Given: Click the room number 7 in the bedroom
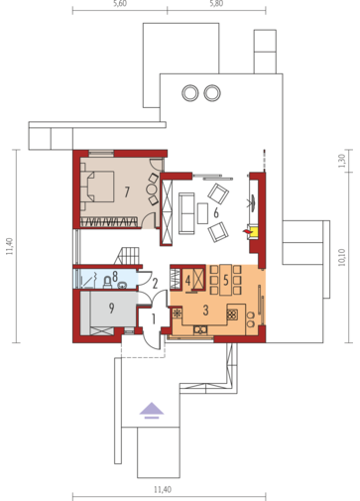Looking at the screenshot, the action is tap(127, 191).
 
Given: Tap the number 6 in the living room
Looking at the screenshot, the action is tap(216, 213).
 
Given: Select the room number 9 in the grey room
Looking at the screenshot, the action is tap(111, 309).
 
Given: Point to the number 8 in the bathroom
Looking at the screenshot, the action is tap(115, 276).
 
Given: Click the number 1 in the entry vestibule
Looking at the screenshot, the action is tap(154, 319).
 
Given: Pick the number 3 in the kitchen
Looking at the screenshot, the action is tap(205, 311).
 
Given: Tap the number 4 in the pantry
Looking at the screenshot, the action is tap(187, 281).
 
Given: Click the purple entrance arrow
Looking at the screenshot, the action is tap(152, 410).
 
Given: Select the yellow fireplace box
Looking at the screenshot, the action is tap(254, 232).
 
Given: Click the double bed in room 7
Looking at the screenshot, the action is tap(98, 187).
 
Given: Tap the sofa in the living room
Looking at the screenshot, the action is tap(186, 213).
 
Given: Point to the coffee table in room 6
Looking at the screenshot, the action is tap(202, 213).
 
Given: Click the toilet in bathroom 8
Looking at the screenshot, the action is tap(108, 282).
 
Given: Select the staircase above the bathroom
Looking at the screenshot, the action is tap(127, 256).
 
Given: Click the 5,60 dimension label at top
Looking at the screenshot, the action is tap(120, 4).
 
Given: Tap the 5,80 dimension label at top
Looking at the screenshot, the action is tap(216, 4).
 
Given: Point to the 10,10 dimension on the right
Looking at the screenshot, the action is tap(342, 258).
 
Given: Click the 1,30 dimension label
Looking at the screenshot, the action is tap(342, 161).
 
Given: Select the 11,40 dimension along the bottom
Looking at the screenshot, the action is tap(163, 489).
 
